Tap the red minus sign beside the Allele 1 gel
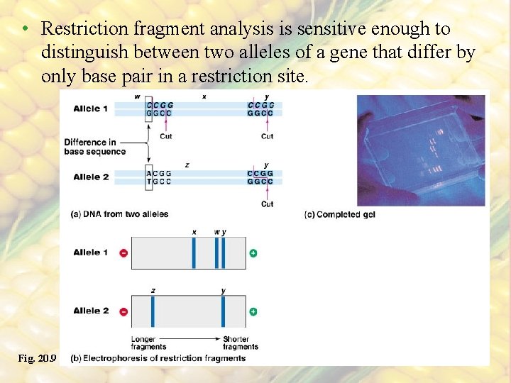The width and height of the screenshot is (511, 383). [123, 253]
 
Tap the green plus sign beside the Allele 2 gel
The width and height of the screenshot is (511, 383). [253, 311]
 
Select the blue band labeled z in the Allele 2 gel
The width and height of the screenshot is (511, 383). [153, 311]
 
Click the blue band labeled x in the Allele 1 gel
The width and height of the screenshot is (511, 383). [193, 253]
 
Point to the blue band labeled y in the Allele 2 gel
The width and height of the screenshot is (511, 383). [223, 311]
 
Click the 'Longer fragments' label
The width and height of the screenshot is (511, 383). [148, 343]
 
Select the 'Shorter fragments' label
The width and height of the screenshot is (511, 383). [241, 343]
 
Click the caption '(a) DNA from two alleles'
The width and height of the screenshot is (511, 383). [120, 214]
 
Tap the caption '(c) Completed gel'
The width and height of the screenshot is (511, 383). [339, 214]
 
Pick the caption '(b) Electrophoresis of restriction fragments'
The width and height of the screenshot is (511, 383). [158, 358]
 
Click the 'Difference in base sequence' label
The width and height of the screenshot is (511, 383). [94, 147]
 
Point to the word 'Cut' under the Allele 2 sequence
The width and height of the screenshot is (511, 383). [267, 204]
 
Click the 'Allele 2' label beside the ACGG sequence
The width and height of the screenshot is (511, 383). [91, 177]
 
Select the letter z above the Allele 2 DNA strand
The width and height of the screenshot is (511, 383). [187, 165]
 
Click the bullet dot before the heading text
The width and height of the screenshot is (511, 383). [24, 29]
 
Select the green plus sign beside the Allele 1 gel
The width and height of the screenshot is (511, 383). [253, 253]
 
